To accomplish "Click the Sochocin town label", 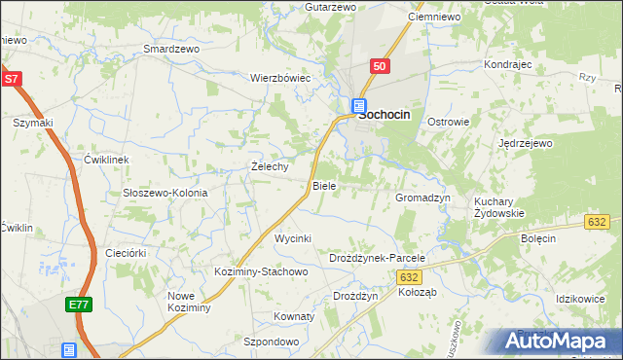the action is (x=385, y=114).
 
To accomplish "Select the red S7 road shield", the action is (x=11, y=79).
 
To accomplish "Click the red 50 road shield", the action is (x=380, y=66).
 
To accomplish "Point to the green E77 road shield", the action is (x=78, y=306).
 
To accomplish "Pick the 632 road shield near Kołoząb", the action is (x=409, y=277).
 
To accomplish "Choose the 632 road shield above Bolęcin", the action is (x=598, y=223).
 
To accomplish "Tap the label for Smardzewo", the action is (x=170, y=49).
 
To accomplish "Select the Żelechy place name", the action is (x=270, y=166).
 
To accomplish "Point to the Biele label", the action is (x=324, y=185).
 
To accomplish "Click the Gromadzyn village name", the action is (x=422, y=198).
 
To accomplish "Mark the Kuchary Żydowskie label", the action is (x=499, y=207).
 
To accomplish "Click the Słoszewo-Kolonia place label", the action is (x=165, y=193).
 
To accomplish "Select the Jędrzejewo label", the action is (x=526, y=143).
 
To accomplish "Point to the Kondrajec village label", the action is (x=507, y=64).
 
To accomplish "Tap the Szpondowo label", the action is (x=271, y=342).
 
